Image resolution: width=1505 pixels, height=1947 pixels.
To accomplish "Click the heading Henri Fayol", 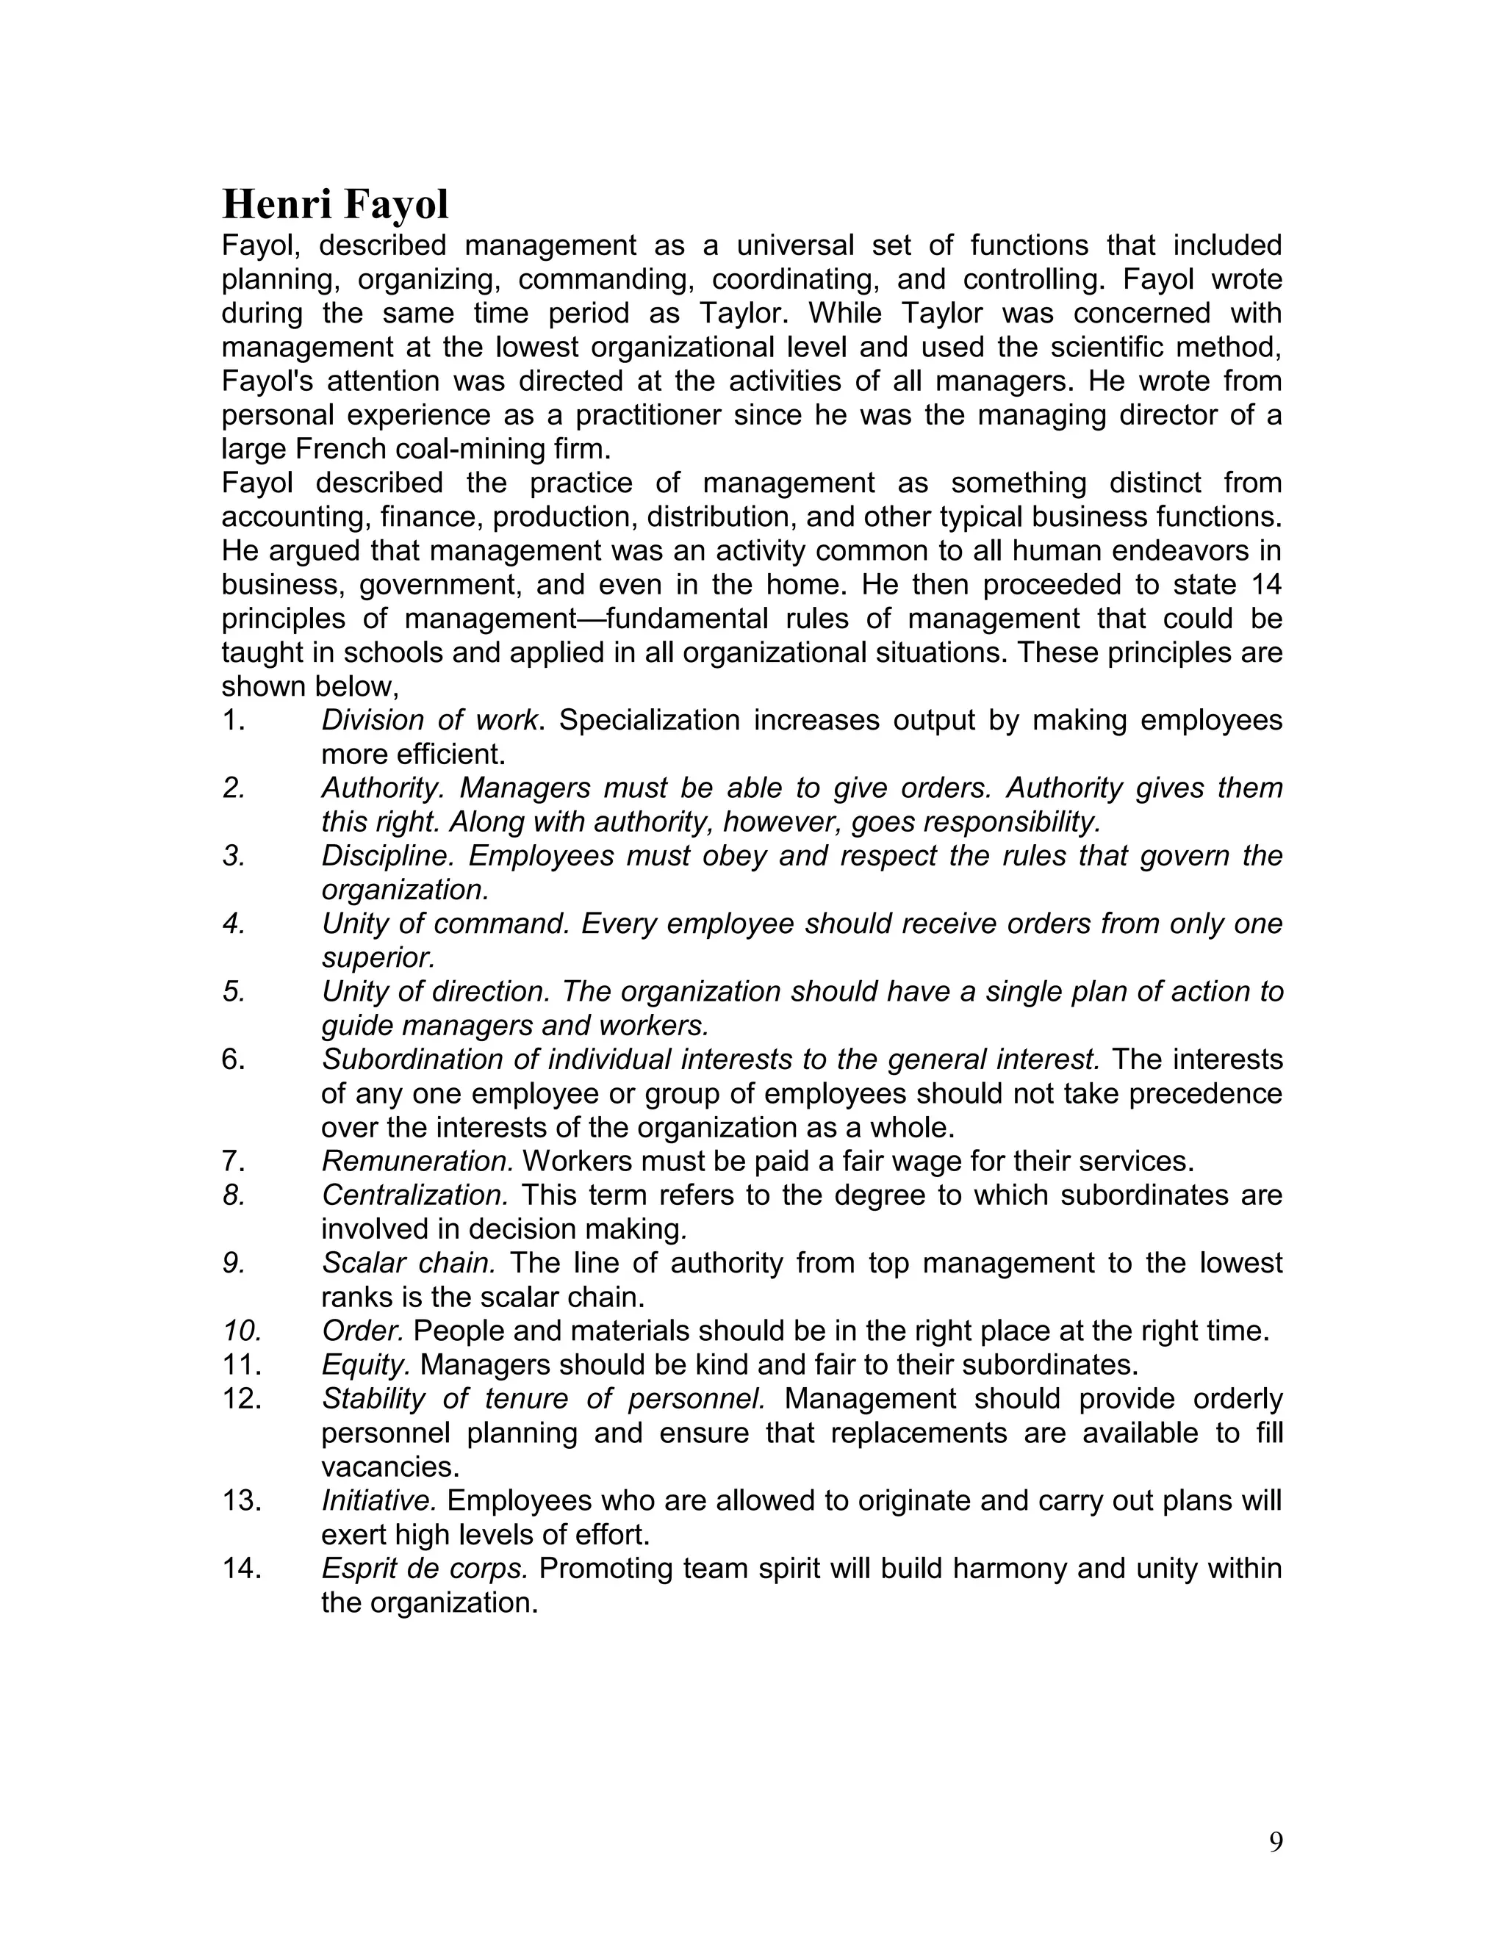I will point(335,205).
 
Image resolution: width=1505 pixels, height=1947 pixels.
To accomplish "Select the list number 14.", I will point(242,1569).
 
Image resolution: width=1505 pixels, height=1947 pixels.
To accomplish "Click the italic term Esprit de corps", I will point(425,1569).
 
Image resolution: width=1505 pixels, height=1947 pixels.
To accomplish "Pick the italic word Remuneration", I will point(417,1162).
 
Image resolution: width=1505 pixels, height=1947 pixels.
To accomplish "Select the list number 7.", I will point(234,1162).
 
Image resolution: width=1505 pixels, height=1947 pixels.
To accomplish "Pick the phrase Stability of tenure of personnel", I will point(543,1400).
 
